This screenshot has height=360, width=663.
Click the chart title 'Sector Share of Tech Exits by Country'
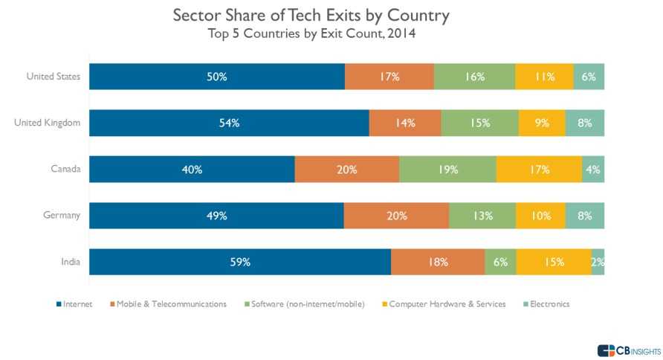pyautogui.click(x=311, y=15)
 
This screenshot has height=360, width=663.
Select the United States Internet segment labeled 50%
pyautogui.click(x=217, y=77)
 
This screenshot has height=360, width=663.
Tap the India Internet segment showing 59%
pyautogui.click(x=240, y=262)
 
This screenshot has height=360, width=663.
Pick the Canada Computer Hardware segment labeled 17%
pyautogui.click(x=539, y=170)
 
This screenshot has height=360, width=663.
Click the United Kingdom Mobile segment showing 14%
pyautogui.click(x=404, y=123)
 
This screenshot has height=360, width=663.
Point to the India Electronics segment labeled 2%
pyautogui.click(x=598, y=262)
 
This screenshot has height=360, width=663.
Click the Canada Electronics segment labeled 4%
pyautogui.click(x=592, y=170)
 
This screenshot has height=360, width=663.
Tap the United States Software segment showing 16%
pyautogui.click(x=474, y=77)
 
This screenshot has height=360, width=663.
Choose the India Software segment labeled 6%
pyautogui.click(x=500, y=262)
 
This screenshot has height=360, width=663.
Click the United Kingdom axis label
pyautogui.click(x=47, y=123)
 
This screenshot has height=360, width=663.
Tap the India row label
pyautogui.click(x=70, y=262)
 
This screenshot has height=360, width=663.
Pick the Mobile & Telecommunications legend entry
pyautogui.click(x=168, y=304)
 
